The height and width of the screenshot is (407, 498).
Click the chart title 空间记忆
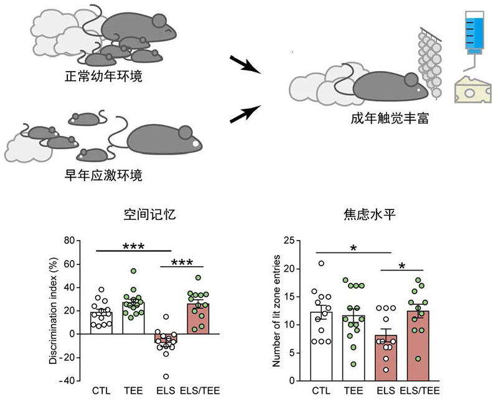click(149, 214)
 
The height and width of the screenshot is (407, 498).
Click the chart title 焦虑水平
click(370, 214)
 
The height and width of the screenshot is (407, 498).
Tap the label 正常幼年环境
click(103, 76)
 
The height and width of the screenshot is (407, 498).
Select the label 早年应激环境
click(103, 175)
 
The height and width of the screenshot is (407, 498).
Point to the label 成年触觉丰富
click(390, 118)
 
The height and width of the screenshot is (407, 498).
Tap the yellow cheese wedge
click(473, 89)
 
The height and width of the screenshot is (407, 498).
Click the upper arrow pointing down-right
click(245, 65)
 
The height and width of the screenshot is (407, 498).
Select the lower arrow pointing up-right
click(245, 114)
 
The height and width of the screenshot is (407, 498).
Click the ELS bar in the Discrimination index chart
click(166, 338)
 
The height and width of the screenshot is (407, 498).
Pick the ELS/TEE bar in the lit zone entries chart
click(418, 346)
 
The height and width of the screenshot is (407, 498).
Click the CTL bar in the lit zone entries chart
click(321, 347)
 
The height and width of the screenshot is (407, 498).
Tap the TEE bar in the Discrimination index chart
click(133, 318)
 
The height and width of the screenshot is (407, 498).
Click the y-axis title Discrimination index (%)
click(54, 310)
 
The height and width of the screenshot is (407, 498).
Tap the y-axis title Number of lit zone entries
click(276, 310)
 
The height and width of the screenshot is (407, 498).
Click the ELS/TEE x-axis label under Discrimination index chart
click(200, 390)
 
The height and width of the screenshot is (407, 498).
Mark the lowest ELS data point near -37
click(166, 377)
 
